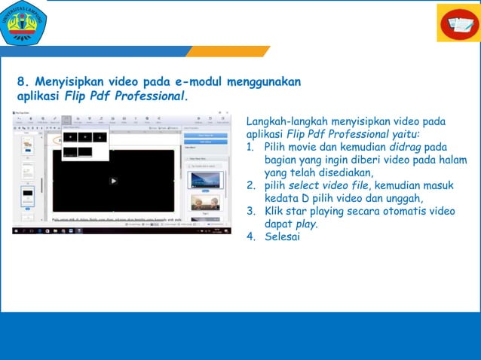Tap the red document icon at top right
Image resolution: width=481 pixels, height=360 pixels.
coord(458,23)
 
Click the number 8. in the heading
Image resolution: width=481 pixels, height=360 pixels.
coord(23,81)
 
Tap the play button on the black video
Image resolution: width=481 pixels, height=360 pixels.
coord(113,181)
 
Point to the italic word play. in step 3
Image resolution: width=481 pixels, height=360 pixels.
coord(305,224)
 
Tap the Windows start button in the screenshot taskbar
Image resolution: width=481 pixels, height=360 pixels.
coord(15,230)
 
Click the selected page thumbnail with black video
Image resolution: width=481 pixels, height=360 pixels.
coord(27,194)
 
